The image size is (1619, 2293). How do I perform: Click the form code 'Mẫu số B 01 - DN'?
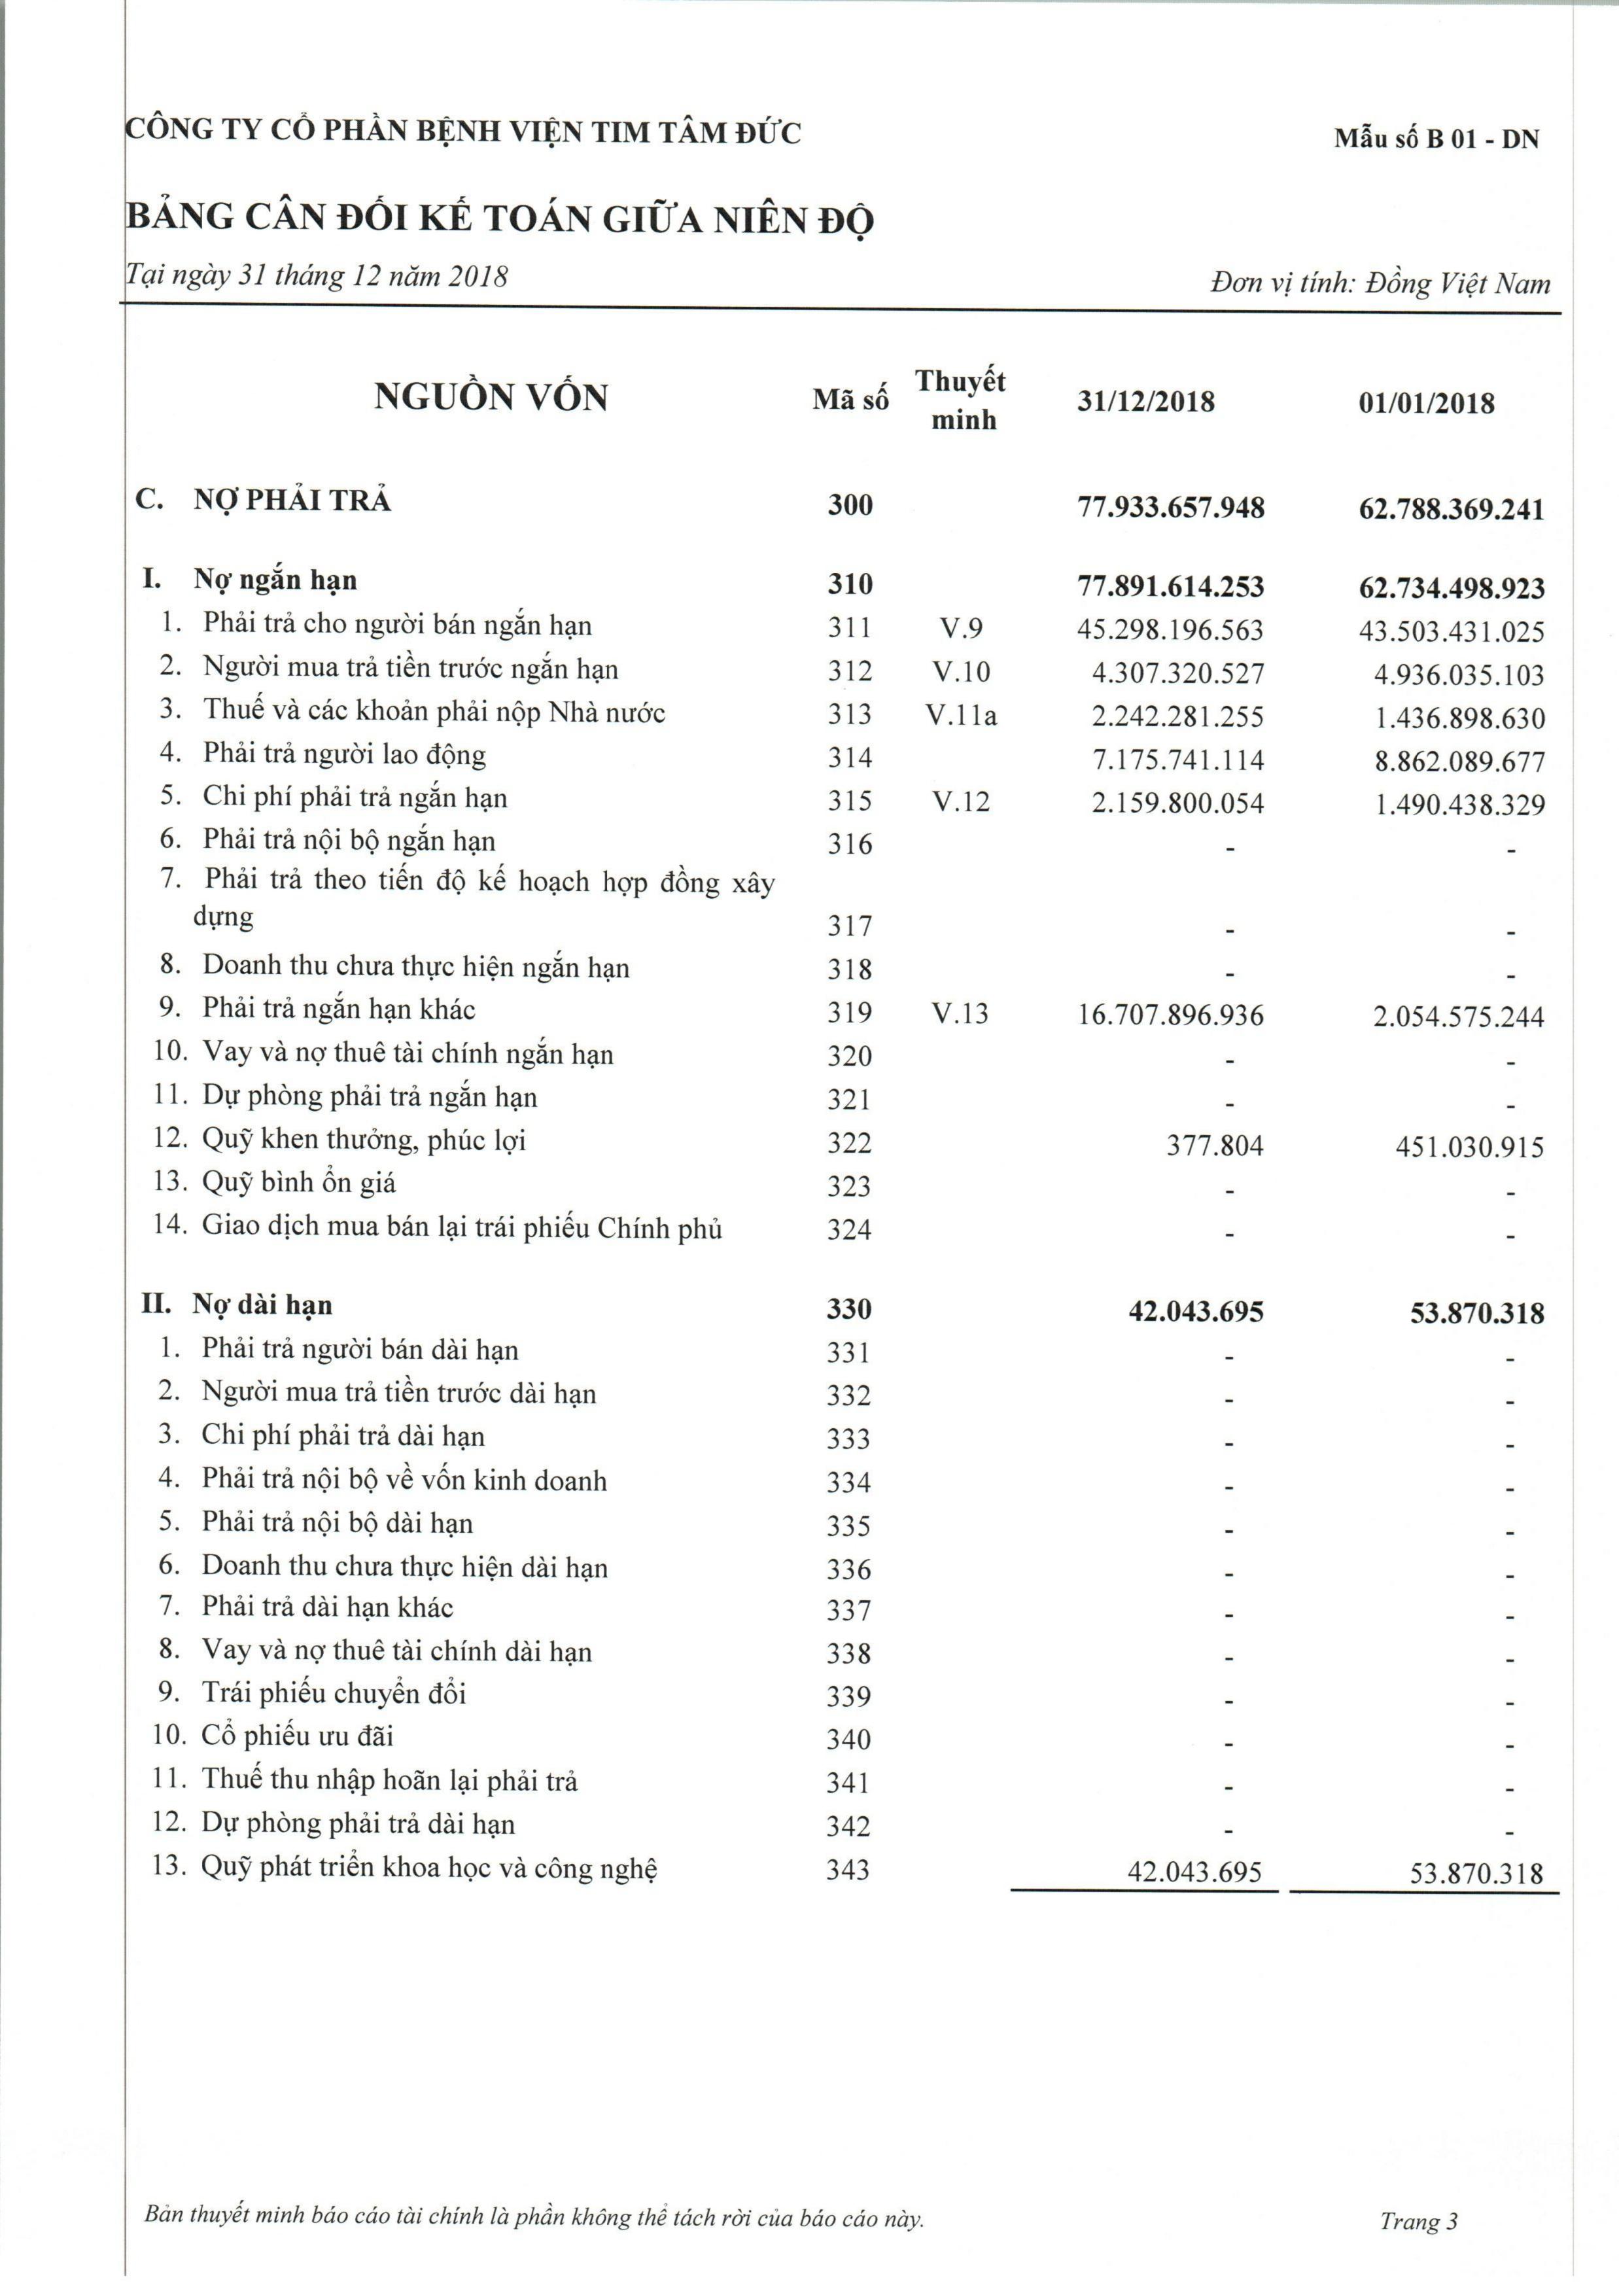click(1436, 139)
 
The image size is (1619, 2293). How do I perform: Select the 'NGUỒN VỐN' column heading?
click(491, 398)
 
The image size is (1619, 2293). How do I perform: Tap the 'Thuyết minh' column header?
click(961, 400)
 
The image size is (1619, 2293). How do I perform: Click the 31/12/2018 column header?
click(1145, 402)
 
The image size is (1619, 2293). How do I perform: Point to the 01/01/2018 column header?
click(1426, 404)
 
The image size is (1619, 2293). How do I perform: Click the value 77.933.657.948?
click(1170, 508)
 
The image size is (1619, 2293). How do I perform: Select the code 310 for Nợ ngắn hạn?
click(849, 584)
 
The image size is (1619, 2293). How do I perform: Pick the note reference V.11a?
click(961, 715)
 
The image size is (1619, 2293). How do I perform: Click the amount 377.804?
click(1215, 1146)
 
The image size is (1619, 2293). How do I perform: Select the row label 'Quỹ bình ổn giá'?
click(299, 1183)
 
